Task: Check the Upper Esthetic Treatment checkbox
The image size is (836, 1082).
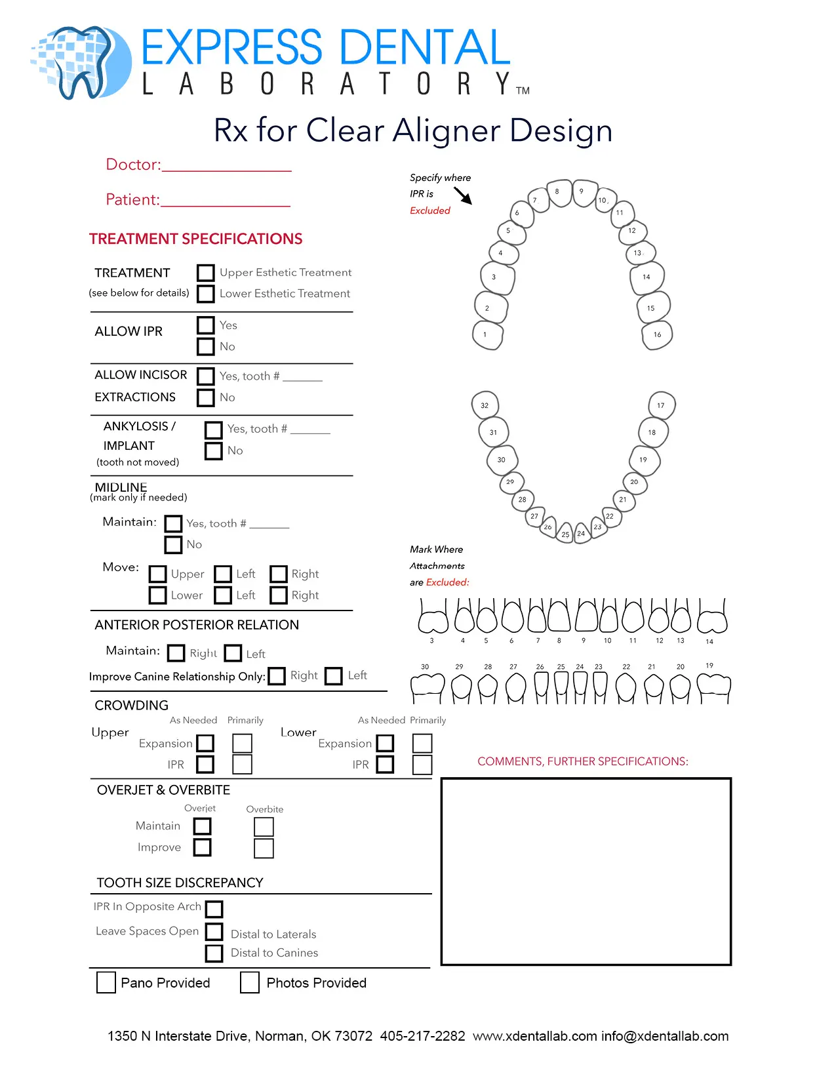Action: [205, 272]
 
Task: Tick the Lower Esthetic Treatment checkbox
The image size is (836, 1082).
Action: [205, 294]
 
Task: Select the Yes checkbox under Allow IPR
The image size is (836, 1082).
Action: [205, 325]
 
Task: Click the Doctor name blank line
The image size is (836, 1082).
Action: [227, 170]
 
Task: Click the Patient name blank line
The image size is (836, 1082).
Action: [226, 205]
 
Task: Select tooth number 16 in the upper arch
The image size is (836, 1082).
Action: [657, 334]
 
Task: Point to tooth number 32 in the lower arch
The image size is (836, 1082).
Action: [485, 405]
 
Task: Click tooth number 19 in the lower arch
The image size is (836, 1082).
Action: [644, 460]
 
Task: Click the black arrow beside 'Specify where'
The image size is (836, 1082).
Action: [462, 195]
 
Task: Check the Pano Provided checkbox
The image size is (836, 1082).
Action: [106, 982]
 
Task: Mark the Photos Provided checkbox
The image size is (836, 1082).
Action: [249, 982]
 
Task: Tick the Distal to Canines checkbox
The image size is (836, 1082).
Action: [214, 953]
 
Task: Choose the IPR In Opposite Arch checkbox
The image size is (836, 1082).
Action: [214, 909]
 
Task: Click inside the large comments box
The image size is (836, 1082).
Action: [586, 872]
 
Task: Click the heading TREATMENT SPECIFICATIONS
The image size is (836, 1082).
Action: [195, 239]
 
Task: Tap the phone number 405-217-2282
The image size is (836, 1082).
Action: [422, 1036]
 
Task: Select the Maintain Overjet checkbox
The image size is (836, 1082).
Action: [202, 826]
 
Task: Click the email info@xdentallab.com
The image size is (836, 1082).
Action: [665, 1036]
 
